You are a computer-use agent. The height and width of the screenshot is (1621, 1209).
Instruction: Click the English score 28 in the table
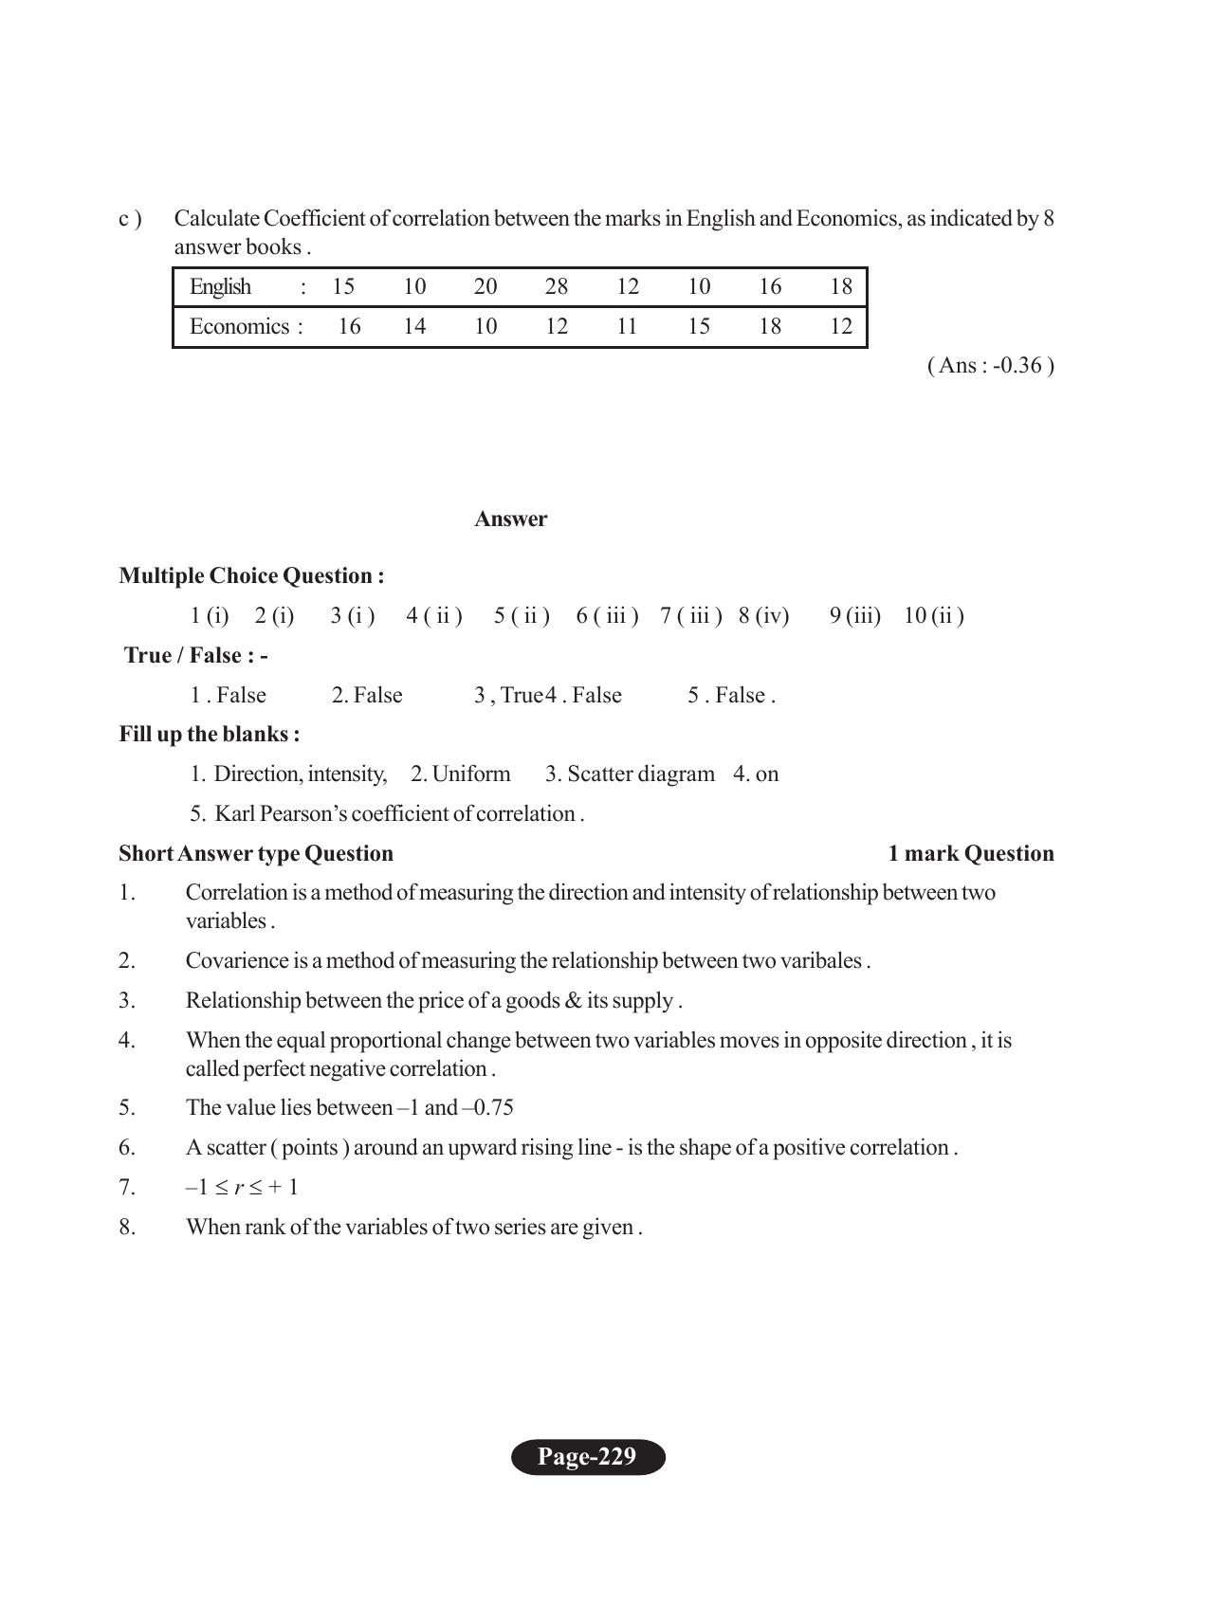[x=556, y=287]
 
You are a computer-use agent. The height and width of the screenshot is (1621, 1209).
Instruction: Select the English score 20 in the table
[x=485, y=287]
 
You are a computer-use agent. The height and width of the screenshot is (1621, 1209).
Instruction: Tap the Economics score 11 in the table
[x=627, y=327]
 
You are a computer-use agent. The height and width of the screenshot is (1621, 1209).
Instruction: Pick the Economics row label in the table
[x=240, y=327]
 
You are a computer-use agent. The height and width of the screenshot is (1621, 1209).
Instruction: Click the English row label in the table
[x=220, y=287]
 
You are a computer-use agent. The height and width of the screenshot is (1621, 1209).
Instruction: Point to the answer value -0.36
[x=1017, y=366]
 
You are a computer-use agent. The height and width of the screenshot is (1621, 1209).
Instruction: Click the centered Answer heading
[x=510, y=519]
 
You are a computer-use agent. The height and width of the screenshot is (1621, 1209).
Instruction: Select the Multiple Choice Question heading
[x=251, y=576]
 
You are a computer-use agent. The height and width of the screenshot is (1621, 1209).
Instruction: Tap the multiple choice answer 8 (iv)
[x=763, y=616]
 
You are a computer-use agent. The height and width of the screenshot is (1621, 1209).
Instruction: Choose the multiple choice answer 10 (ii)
[x=933, y=616]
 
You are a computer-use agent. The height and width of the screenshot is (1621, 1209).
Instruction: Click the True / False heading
[x=196, y=656]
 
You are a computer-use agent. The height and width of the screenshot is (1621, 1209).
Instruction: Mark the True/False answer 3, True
[x=508, y=696]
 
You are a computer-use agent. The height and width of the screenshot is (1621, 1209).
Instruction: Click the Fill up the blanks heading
[x=210, y=735]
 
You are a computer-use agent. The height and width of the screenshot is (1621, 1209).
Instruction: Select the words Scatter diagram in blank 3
[x=640, y=774]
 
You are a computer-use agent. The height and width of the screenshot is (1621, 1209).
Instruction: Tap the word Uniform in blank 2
[x=470, y=774]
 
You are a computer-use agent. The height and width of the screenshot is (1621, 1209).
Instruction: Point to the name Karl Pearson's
[x=280, y=814]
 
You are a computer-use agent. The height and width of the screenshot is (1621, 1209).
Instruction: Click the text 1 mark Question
[x=970, y=854]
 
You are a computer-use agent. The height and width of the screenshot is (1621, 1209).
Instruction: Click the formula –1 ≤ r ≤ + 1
[x=242, y=1188]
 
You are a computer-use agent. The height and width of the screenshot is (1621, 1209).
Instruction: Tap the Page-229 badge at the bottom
[x=588, y=1457]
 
